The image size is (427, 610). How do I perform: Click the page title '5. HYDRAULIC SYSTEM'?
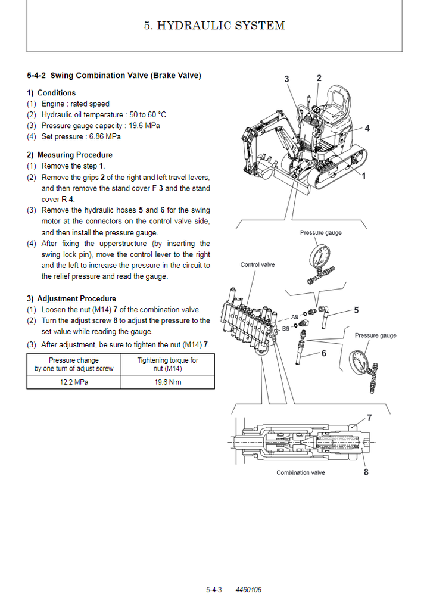[214, 25]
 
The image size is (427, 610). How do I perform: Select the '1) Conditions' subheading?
[51, 93]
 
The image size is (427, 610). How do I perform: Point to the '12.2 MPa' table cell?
[73, 382]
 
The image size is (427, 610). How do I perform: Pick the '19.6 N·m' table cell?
[167, 382]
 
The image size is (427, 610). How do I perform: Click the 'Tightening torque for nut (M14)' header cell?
[167, 364]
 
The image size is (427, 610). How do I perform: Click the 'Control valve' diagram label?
[257, 264]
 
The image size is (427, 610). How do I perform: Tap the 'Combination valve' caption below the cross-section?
[301, 472]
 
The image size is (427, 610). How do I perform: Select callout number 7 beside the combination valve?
[369, 418]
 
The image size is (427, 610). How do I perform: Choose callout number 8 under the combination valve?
[366, 472]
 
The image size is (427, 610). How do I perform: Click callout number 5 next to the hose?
[356, 310]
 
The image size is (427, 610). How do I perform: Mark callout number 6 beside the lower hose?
[323, 353]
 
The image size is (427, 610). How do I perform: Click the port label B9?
[286, 328]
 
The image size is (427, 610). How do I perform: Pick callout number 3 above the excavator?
[286, 79]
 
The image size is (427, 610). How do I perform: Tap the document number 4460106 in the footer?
[248, 590]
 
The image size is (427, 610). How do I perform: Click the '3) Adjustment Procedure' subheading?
[71, 298]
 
